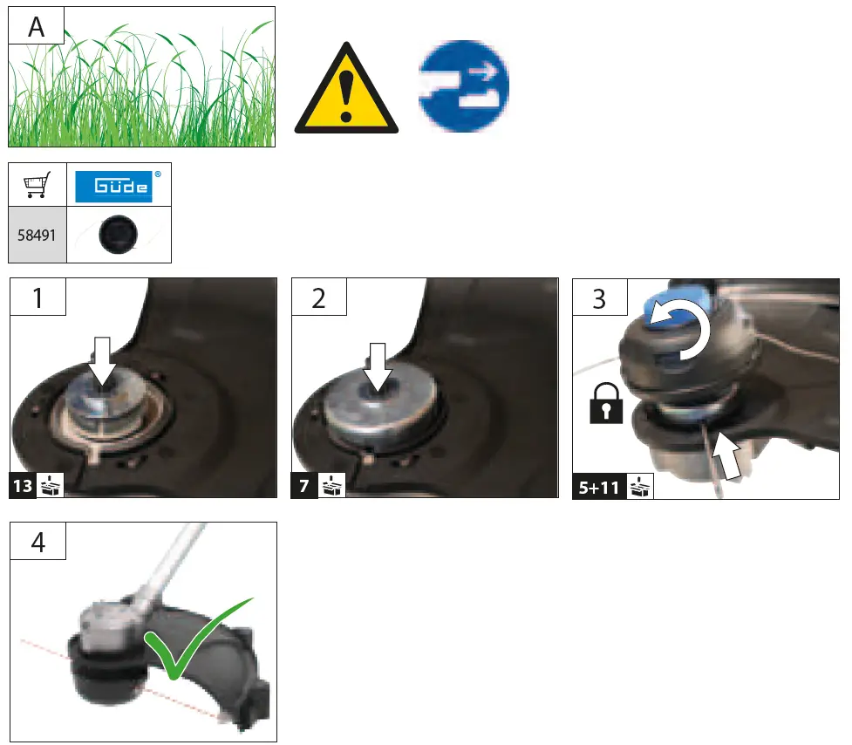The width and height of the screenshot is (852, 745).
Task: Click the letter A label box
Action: [x=37, y=26]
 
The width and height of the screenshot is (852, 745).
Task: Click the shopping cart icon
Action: [x=37, y=185]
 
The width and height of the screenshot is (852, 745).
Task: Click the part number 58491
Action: [x=37, y=236]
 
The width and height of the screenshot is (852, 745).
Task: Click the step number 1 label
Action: [x=37, y=298]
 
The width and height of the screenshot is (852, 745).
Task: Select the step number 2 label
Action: [x=318, y=298]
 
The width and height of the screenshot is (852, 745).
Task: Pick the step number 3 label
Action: [x=599, y=298]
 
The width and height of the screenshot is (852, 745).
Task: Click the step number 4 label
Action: [x=37, y=543]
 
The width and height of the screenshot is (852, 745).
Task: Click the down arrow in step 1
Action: [x=103, y=363]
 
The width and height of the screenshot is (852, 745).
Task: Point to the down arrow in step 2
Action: [x=378, y=367]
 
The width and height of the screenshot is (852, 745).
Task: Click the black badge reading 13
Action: [x=23, y=486]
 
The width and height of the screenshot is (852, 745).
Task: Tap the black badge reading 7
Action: [x=303, y=486]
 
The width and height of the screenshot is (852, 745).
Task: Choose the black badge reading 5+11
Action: [x=598, y=487]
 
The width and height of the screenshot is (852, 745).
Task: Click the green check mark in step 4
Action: [x=192, y=639]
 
